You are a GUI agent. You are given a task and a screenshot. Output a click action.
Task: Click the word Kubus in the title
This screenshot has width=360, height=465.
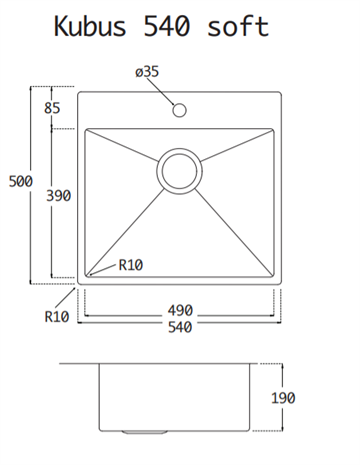pos(90,26)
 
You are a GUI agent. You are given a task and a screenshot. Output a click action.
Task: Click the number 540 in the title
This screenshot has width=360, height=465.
pos(167,26)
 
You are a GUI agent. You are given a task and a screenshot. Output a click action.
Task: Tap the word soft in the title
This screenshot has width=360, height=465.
pos(238,26)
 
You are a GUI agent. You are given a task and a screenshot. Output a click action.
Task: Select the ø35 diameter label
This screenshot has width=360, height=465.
pos(147,72)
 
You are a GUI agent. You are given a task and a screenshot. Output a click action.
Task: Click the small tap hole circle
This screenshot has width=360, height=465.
pos(179,110)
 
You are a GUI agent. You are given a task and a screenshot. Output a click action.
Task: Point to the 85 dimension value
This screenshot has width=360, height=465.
pos(52,108)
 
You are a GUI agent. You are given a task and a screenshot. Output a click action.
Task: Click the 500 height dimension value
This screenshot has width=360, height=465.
pos(21,181)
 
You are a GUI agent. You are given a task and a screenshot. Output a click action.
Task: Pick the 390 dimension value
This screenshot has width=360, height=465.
pos(59,196)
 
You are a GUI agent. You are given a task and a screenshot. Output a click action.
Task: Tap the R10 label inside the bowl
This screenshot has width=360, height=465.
pos(131,265)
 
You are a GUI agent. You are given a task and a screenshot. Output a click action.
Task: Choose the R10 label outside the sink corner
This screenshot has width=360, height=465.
pos(57,317)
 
